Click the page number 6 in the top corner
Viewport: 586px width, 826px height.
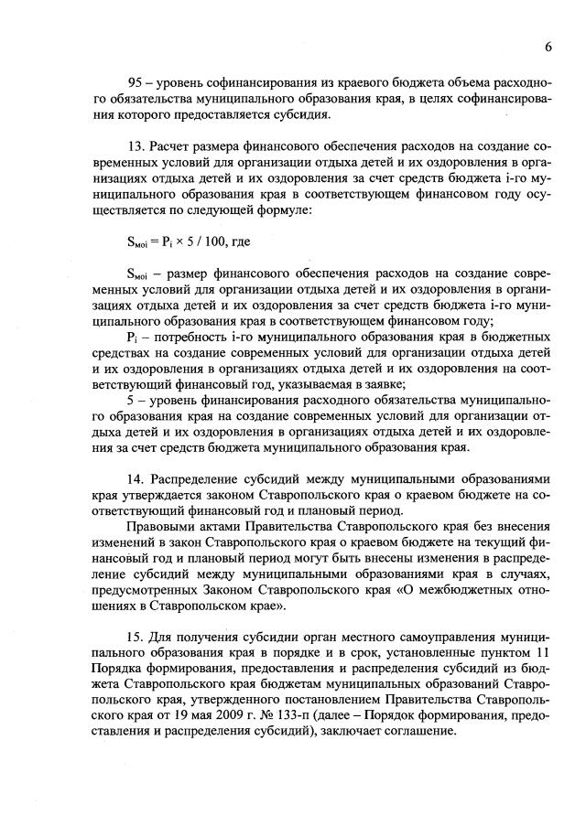point(548,46)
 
